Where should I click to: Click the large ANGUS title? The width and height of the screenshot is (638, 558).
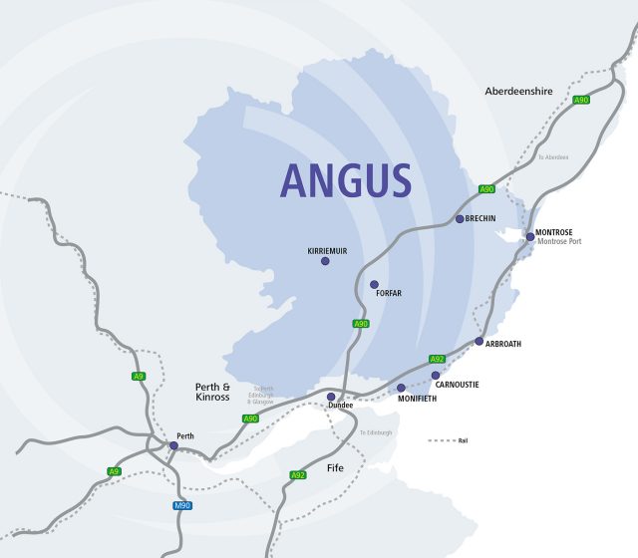coord(345,179)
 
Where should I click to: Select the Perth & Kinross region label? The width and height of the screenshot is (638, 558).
coord(212,392)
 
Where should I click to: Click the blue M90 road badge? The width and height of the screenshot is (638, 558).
coord(181,505)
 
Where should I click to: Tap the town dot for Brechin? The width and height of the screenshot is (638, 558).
coord(459,218)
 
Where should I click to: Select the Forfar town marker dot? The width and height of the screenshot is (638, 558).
coord(374,284)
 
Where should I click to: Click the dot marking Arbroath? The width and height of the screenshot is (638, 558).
coord(478,341)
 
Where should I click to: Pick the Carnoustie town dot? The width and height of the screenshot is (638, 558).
coord(435,376)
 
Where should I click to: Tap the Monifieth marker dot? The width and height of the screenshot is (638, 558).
coord(401,388)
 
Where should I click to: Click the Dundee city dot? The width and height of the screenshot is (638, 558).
coord(331,397)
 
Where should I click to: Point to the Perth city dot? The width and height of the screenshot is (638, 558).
coord(173,445)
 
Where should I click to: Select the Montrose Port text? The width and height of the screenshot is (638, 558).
coord(559,242)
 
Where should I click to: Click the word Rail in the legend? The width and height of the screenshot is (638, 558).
coord(464,439)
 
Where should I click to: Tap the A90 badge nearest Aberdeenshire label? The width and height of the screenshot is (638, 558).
coord(581,100)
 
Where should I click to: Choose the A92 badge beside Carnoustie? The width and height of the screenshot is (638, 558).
coord(437,359)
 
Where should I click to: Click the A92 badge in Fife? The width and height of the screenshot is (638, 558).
coord(297,474)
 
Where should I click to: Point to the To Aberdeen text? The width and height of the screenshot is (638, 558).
coord(553,157)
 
